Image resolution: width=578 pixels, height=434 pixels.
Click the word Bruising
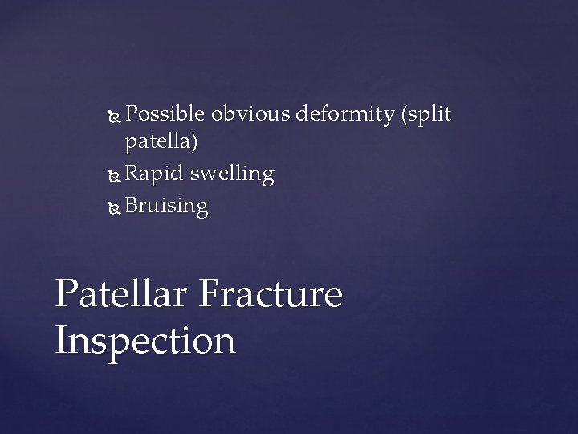tap(166, 207)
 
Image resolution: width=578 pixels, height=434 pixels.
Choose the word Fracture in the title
tap(269, 294)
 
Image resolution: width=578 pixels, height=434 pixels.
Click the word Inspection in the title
tap(145, 341)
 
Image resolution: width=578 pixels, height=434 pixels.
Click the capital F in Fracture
tap(208, 294)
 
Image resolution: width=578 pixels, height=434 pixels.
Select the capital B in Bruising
tap(132, 206)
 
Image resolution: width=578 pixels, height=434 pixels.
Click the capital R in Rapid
tap(132, 174)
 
